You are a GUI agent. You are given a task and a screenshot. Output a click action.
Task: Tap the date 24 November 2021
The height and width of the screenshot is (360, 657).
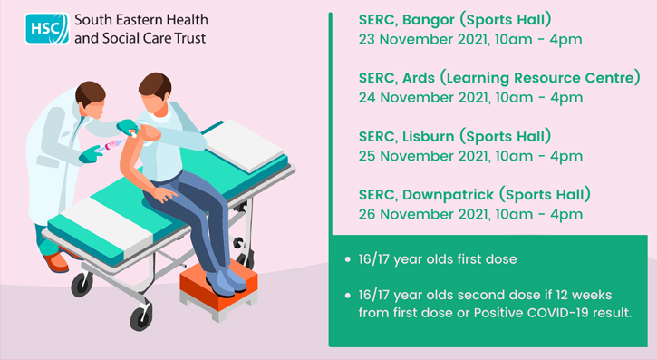coord(416,98)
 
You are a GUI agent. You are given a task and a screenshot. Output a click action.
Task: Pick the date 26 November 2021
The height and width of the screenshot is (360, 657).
coord(416,215)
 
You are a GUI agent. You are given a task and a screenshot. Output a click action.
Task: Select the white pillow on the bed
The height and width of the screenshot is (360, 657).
coord(246,145)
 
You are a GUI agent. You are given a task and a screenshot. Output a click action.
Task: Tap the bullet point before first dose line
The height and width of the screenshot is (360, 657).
coord(348,260)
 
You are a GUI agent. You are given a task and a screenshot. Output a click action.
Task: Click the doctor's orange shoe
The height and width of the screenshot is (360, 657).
coord(56,263)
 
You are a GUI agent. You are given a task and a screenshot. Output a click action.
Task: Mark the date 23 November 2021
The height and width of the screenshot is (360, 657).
coord(416,39)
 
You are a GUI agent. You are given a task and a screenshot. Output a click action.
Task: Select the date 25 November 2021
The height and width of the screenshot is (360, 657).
coord(416,156)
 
